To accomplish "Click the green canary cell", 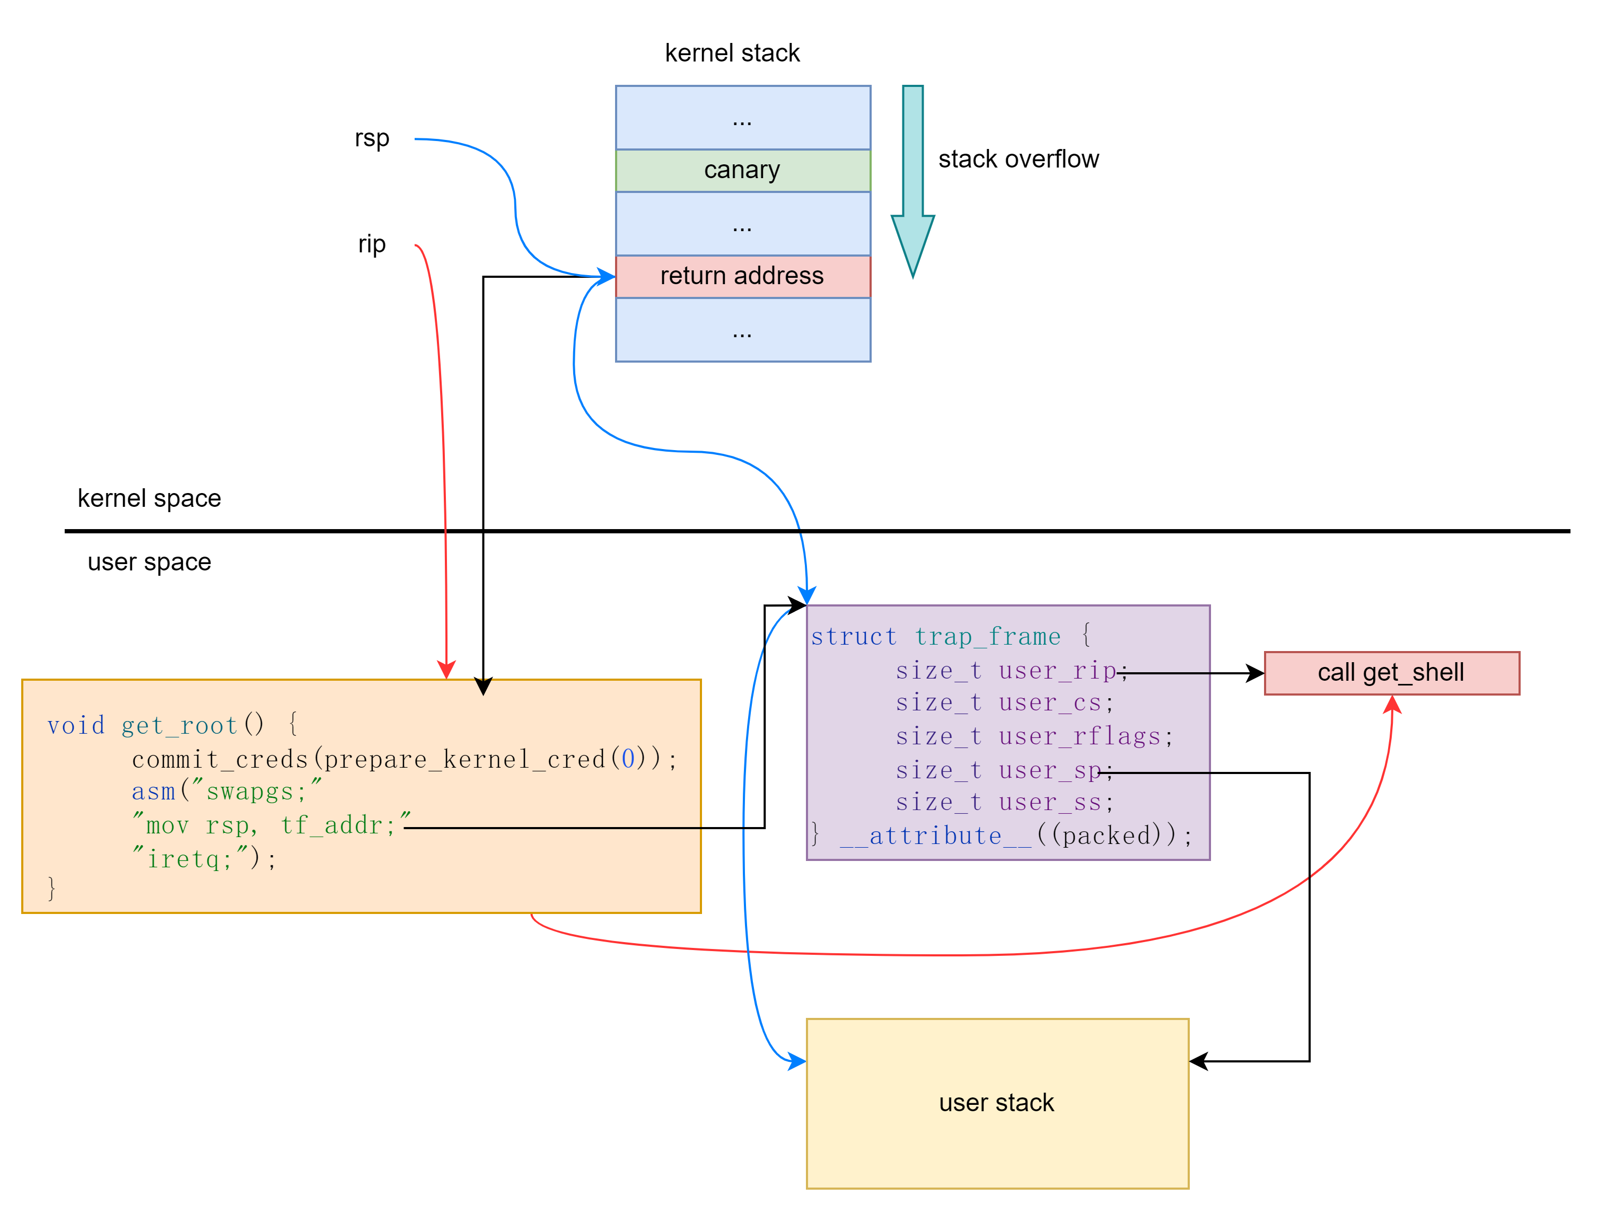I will click(x=742, y=170).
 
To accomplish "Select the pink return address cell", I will click(x=742, y=276).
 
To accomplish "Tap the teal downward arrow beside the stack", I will click(x=912, y=180).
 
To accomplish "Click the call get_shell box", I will click(x=1391, y=673).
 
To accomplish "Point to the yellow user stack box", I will click(x=997, y=1103).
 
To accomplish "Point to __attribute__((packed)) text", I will click(x=1015, y=836).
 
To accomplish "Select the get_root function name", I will click(x=179, y=725).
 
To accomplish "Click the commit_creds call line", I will click(x=405, y=759).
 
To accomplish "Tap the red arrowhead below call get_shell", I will click(x=1392, y=705).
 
